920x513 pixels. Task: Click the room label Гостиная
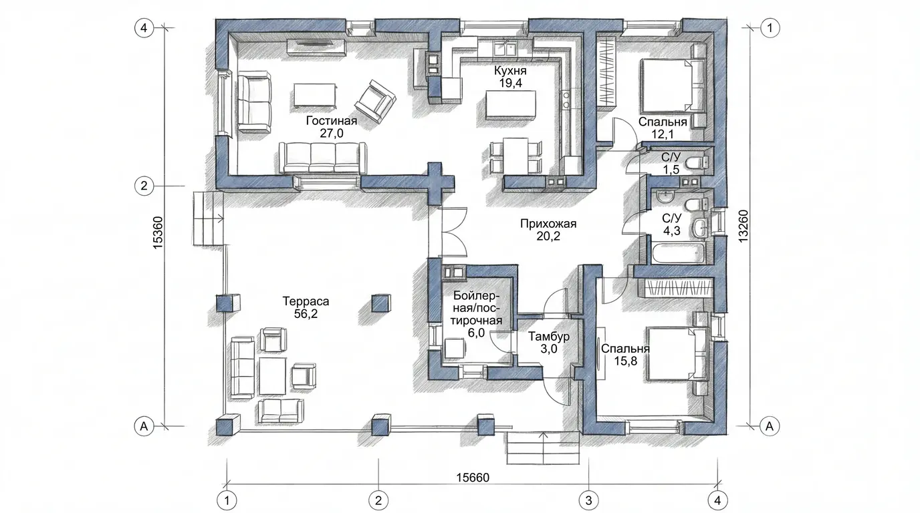[332, 121]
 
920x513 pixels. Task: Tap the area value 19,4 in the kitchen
[511, 83]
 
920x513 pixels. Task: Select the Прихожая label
[548, 224]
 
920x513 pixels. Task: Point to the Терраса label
[306, 301]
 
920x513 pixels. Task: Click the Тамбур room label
[549, 337]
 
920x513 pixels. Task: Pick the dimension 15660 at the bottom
[473, 478]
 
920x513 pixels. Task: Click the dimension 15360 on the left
[158, 232]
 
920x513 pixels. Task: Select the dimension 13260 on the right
[743, 226]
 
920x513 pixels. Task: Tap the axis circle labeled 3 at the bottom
[588, 500]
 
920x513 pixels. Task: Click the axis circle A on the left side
[144, 426]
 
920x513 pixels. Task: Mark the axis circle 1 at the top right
[770, 28]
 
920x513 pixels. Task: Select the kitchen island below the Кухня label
[511, 105]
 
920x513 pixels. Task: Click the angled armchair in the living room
[375, 102]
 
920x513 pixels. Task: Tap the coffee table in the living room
[315, 96]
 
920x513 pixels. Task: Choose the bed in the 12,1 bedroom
[673, 85]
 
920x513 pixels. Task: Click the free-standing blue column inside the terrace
[382, 304]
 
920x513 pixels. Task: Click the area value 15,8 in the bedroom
[625, 361]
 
